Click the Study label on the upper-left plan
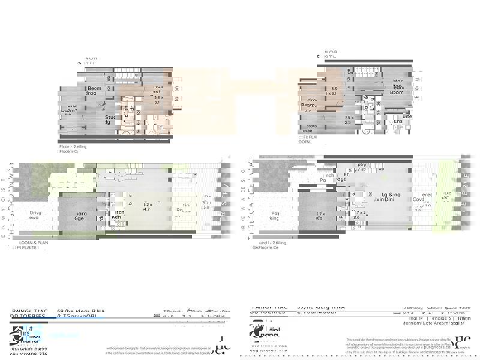[x=110, y=119]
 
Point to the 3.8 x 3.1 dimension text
[x=158, y=100]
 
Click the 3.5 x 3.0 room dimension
[x=334, y=91]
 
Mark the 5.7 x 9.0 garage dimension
[x=319, y=216]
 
